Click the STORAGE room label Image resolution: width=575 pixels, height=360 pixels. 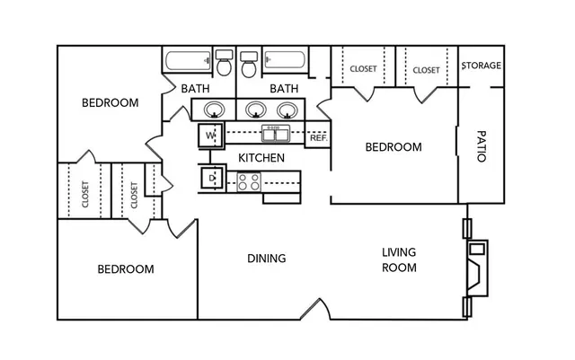click(482, 66)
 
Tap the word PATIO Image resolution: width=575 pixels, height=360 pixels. click(482, 146)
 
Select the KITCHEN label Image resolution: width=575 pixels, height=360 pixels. click(261, 158)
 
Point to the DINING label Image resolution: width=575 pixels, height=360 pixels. click(267, 259)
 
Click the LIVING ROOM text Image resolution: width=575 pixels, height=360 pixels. click(399, 260)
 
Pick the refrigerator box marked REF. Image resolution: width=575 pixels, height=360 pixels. click(318, 135)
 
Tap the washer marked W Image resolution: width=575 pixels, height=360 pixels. click(210, 136)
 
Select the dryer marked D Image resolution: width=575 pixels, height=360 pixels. click(211, 178)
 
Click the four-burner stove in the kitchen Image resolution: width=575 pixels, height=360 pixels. click(249, 182)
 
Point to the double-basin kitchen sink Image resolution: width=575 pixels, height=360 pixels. click(276, 134)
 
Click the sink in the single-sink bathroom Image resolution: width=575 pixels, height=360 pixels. click(214, 110)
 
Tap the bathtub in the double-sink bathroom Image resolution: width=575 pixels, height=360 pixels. click(285, 60)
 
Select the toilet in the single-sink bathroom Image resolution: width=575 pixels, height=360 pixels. click(224, 63)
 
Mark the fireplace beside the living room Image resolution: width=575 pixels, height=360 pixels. click(477, 268)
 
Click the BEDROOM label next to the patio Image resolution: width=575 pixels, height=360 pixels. click(394, 147)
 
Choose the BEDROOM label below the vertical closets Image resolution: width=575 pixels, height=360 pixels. click(126, 269)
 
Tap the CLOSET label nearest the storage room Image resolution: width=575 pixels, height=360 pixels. click(426, 70)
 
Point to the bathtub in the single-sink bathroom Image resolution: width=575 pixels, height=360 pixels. click(189, 60)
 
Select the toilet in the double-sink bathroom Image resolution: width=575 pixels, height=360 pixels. click(249, 64)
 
